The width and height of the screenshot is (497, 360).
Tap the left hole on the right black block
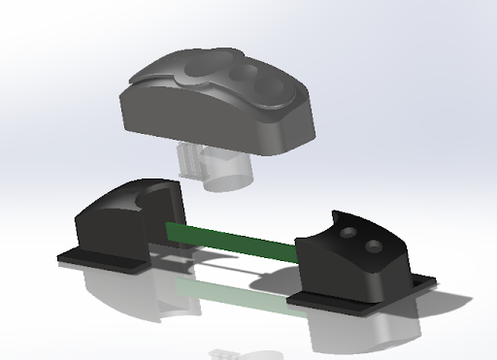(348, 236)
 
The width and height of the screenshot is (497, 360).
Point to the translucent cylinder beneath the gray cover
(228, 171)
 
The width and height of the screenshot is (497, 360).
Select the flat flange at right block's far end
(423, 281)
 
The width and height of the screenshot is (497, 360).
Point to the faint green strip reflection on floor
(233, 291)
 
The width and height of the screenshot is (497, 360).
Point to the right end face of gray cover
(301, 131)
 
